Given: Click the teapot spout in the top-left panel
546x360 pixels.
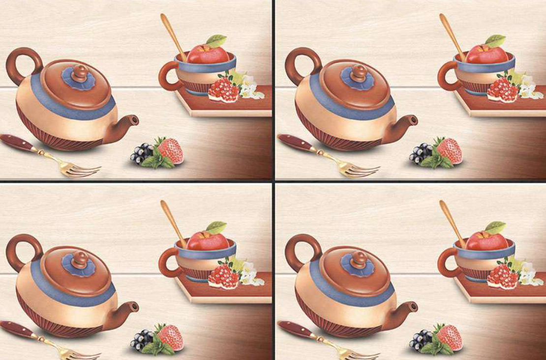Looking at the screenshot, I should [x=129, y=120].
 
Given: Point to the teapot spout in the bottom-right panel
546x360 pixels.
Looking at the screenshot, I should [x=408, y=308].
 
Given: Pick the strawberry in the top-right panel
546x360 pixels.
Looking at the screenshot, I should [x=450, y=150].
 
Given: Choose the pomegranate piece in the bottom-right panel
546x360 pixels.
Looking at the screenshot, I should [x=502, y=277].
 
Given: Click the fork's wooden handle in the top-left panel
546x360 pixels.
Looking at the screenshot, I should [x=17, y=142].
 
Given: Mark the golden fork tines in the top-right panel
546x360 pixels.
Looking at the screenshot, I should [x=361, y=170].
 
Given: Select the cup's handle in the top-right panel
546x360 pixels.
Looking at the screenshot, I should [x=445, y=76].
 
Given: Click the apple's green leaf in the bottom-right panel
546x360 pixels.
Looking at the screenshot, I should [x=495, y=228].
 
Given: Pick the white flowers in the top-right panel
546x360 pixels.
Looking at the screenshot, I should [x=527, y=87].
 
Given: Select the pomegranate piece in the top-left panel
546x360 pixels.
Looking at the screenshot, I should [x=223, y=90].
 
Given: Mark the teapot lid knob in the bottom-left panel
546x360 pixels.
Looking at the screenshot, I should [x=80, y=259].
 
